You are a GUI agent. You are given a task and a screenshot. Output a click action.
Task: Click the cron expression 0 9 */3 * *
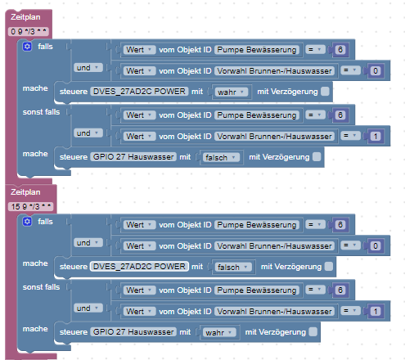pyautogui.click(x=29, y=32)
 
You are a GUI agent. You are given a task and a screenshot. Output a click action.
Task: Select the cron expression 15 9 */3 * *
pyautogui.click(x=31, y=207)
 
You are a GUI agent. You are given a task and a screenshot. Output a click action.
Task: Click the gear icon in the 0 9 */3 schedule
pyautogui.click(x=27, y=47)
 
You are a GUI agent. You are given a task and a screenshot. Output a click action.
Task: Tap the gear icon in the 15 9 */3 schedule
pyautogui.click(x=27, y=222)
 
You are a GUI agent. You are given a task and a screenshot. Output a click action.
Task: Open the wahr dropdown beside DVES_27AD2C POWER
pyautogui.click(x=231, y=92)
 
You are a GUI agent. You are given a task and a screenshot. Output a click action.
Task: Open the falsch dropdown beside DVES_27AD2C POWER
pyautogui.click(x=232, y=267)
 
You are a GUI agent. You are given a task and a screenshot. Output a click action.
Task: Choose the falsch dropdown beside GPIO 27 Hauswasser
pyautogui.click(x=220, y=157)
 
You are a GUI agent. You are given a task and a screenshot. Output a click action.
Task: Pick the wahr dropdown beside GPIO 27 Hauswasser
pyautogui.click(x=218, y=332)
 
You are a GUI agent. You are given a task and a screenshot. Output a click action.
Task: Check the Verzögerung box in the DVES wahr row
pyautogui.click(x=325, y=92)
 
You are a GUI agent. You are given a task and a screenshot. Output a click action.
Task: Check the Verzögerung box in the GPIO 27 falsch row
pyautogui.click(x=317, y=157)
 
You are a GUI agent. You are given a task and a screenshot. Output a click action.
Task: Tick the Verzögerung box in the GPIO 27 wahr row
pyautogui.click(x=313, y=332)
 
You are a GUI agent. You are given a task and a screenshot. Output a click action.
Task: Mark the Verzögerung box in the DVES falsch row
pyautogui.click(x=329, y=267)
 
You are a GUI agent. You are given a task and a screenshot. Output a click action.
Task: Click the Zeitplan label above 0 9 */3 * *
pyautogui.click(x=25, y=17)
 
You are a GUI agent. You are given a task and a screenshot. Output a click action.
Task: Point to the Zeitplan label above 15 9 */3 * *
pyautogui.click(x=25, y=192)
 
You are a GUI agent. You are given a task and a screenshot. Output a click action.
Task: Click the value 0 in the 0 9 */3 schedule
pyautogui.click(x=376, y=71)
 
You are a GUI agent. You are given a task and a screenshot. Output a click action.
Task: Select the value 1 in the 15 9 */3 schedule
pyautogui.click(x=376, y=312)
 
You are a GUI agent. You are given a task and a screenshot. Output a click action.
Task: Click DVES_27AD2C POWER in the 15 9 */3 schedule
pyautogui.click(x=139, y=266)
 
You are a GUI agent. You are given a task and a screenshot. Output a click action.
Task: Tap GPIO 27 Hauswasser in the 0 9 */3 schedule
pyautogui.click(x=133, y=157)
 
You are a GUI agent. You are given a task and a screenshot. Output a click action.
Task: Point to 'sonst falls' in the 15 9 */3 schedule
pyautogui.click(x=41, y=287)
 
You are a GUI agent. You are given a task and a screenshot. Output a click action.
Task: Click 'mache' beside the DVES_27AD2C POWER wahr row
pyautogui.click(x=35, y=88)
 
